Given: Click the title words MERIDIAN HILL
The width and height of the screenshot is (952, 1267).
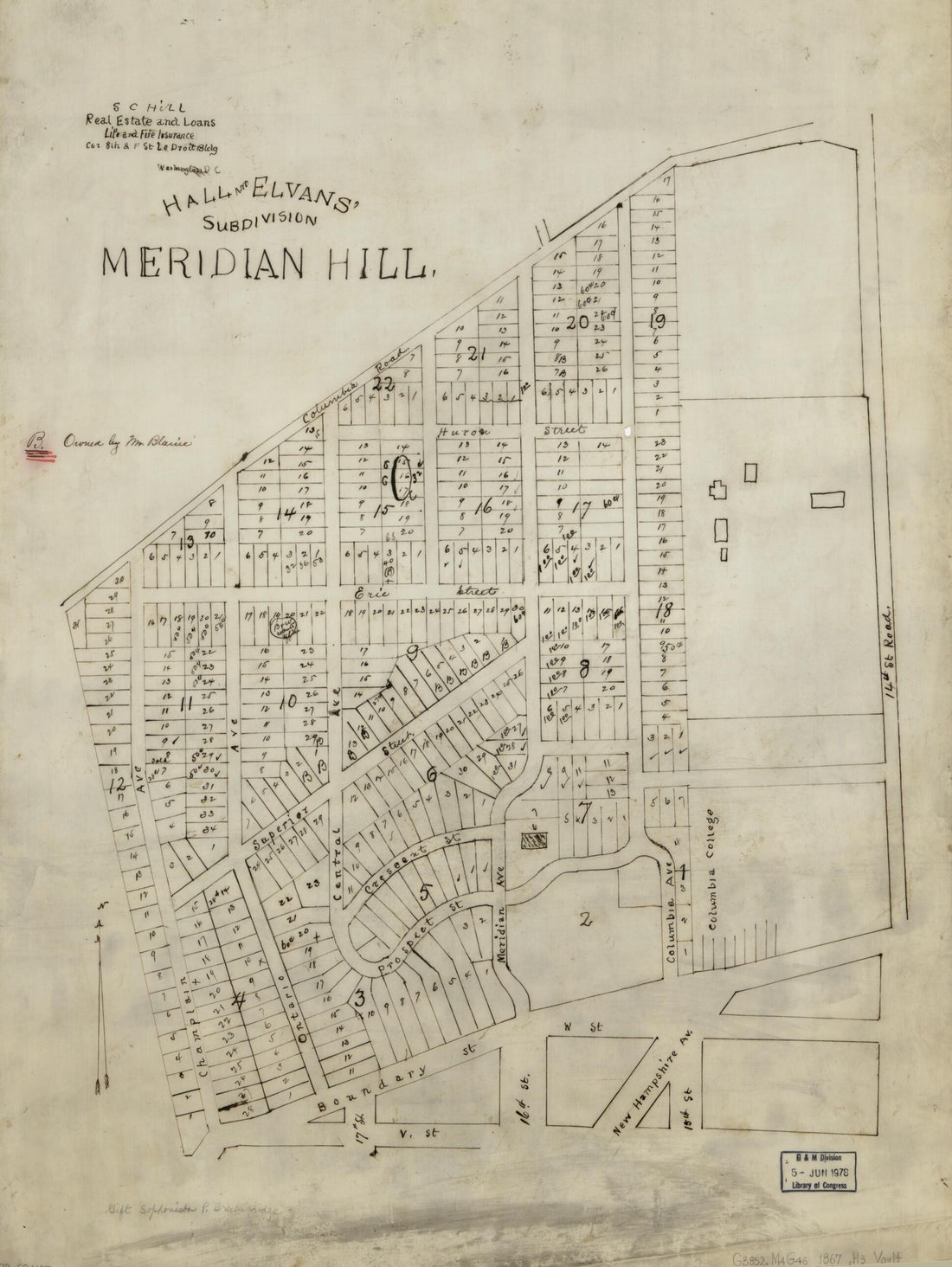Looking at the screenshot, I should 267,264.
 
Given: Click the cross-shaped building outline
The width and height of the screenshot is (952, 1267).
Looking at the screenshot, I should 717,491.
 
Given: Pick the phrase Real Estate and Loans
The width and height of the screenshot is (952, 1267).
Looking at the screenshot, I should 139,120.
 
